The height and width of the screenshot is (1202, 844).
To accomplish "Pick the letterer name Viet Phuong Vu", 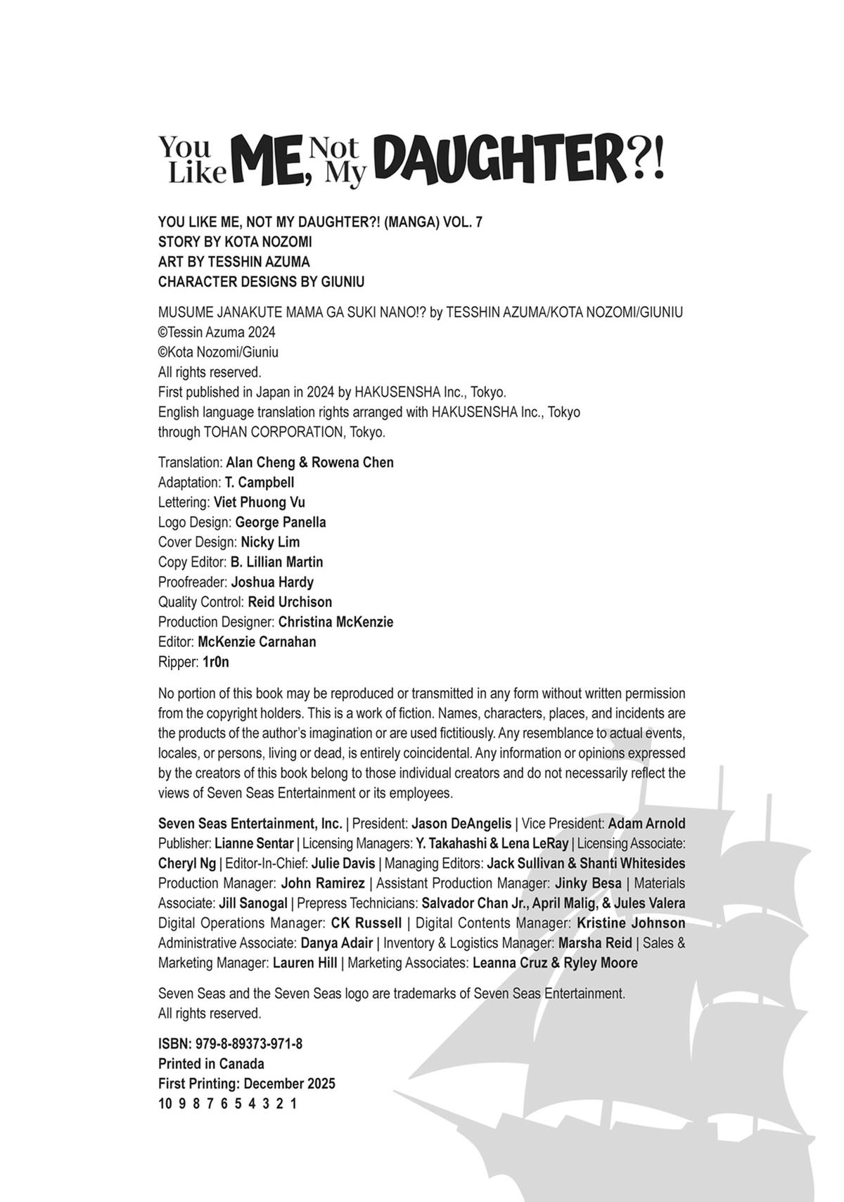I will pyautogui.click(x=260, y=502).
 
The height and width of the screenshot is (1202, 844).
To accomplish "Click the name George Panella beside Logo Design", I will pyautogui.click(x=281, y=523).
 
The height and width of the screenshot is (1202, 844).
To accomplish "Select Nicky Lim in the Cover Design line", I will pyautogui.click(x=270, y=542).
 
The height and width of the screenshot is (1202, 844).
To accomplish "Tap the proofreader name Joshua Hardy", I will pyautogui.click(x=272, y=582).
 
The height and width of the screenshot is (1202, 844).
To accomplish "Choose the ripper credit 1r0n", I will pyautogui.click(x=216, y=662).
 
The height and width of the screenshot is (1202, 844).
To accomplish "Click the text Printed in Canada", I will pyautogui.click(x=211, y=1063).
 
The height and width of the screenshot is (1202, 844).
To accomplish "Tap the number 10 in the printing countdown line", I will pyautogui.click(x=165, y=1104).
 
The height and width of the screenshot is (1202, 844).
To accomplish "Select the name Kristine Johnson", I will pyautogui.click(x=631, y=923).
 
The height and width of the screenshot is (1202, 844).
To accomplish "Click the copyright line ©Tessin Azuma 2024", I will pyautogui.click(x=217, y=332).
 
